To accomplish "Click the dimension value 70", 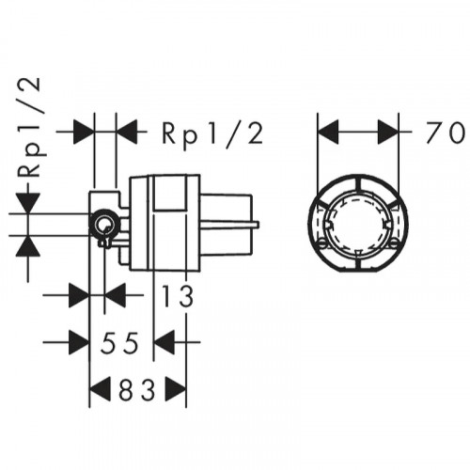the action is pyautogui.click(x=445, y=133).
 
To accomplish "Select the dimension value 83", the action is pyautogui.click(x=137, y=390).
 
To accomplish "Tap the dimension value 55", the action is pyautogui.click(x=119, y=343).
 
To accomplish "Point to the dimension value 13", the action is pyautogui.click(x=178, y=296).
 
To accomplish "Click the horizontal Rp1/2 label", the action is pyautogui.click(x=212, y=133).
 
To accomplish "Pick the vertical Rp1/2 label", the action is pyautogui.click(x=29, y=128).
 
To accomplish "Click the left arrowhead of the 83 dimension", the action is pyautogui.click(x=101, y=389).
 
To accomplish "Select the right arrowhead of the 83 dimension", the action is pyautogui.click(x=176, y=389).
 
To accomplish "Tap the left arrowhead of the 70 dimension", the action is pyautogui.click(x=328, y=132).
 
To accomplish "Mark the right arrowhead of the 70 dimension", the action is pyautogui.click(x=388, y=132).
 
